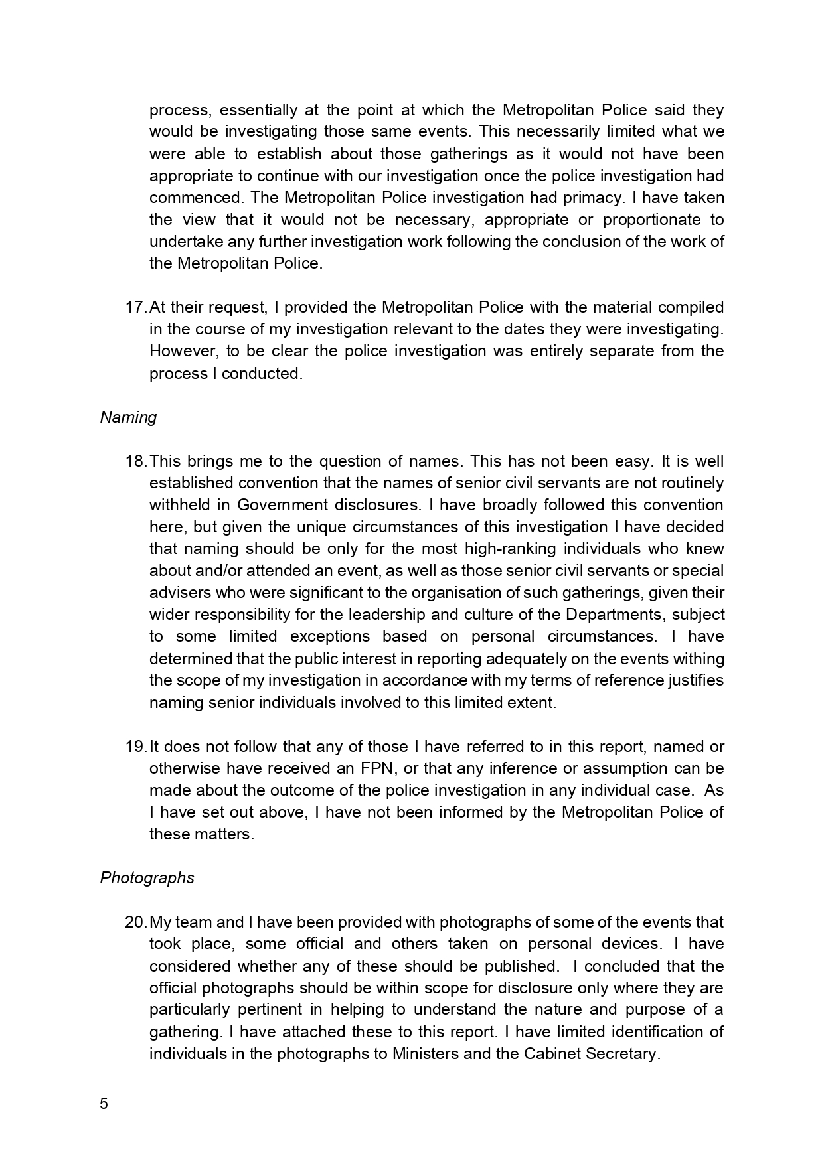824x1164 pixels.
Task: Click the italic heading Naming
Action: tap(128, 417)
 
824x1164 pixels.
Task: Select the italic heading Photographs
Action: tap(147, 878)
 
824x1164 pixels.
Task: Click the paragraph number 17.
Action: tap(135, 307)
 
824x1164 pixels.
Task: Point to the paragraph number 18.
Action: tap(135, 461)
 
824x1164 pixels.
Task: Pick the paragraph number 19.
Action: tap(135, 747)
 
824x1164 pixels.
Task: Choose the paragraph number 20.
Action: tap(135, 922)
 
